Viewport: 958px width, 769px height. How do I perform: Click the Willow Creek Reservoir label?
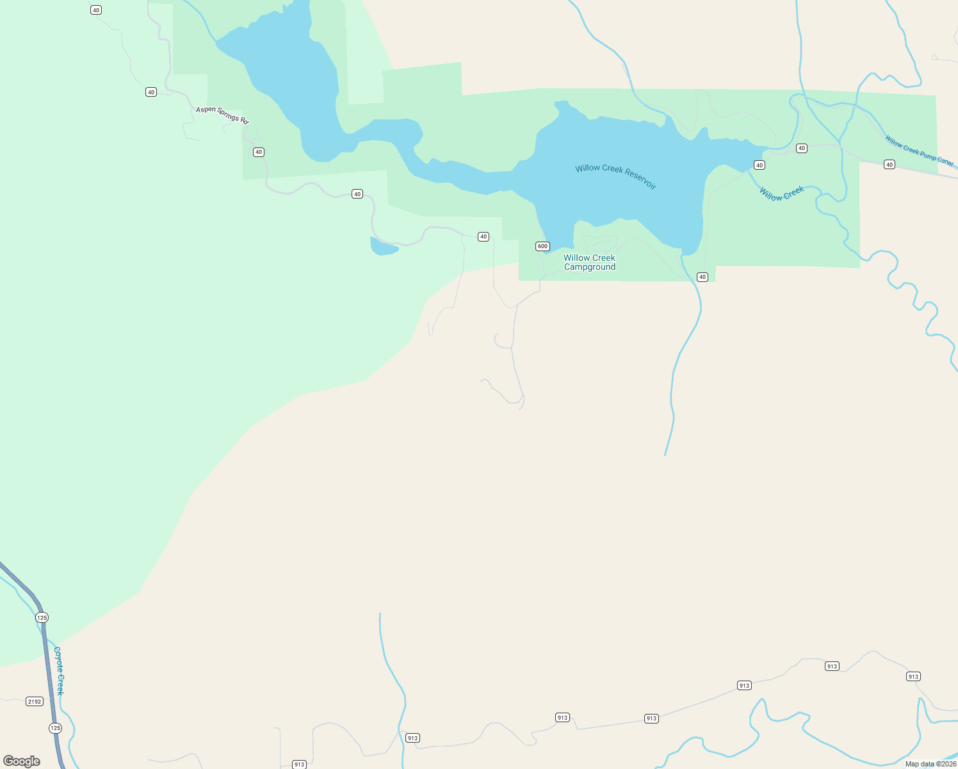[616, 176]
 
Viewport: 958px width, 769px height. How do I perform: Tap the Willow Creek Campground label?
[589, 262]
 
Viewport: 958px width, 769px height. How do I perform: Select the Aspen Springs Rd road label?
[222, 115]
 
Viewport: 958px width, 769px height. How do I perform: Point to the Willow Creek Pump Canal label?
[920, 151]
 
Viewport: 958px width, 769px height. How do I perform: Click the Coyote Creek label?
[59, 670]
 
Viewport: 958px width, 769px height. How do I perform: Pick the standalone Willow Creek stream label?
[781, 194]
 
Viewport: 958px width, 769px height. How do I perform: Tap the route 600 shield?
[542, 246]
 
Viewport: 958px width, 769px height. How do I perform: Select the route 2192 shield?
[35, 701]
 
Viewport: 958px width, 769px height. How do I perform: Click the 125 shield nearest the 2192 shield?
[55, 728]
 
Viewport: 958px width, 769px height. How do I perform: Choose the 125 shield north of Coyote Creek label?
[42, 618]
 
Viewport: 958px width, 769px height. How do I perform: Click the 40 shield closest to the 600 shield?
[483, 236]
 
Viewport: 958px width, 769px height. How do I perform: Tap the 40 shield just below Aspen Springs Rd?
[258, 152]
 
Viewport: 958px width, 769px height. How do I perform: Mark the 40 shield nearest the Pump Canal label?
[889, 165]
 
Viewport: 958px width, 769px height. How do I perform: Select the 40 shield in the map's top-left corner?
[96, 10]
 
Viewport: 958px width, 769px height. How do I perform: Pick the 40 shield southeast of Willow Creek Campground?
[702, 277]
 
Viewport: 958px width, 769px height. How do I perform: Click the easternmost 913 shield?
[913, 677]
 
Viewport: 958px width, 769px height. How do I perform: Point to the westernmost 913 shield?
[299, 764]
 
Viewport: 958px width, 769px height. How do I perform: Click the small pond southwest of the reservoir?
[384, 247]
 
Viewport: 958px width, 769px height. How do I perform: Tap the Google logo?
[22, 761]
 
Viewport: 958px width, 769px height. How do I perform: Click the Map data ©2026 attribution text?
[930, 764]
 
